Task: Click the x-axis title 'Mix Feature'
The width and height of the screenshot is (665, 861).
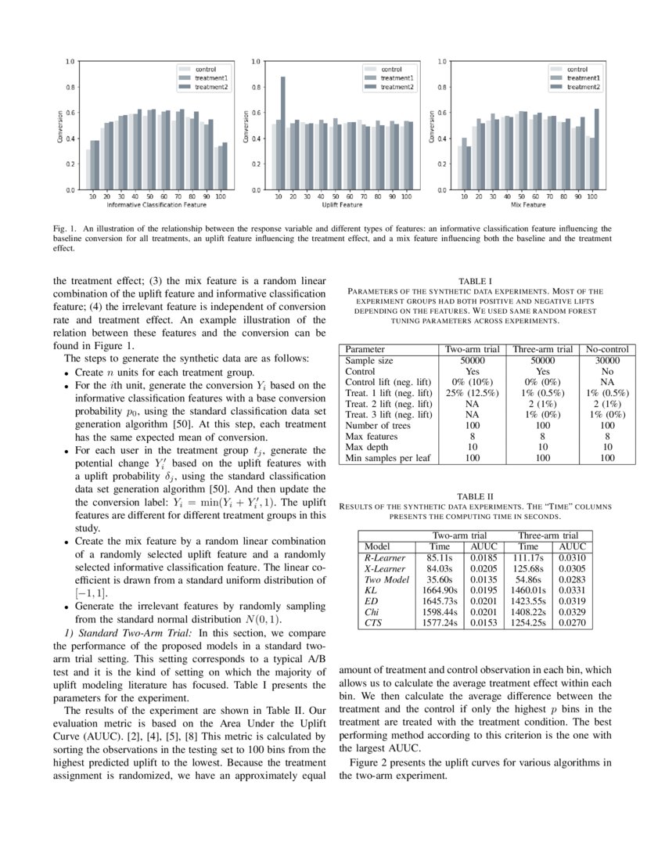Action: (x=528, y=205)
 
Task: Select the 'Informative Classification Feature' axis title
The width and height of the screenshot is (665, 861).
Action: (x=156, y=205)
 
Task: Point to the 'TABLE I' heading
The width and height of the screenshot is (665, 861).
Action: (x=475, y=280)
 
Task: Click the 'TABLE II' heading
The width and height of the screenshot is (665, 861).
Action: (x=475, y=495)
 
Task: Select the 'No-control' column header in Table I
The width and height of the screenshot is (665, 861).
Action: (x=607, y=349)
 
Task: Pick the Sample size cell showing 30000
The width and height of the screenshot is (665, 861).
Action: (x=607, y=360)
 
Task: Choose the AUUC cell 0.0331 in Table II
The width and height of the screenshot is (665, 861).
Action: (x=573, y=589)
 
